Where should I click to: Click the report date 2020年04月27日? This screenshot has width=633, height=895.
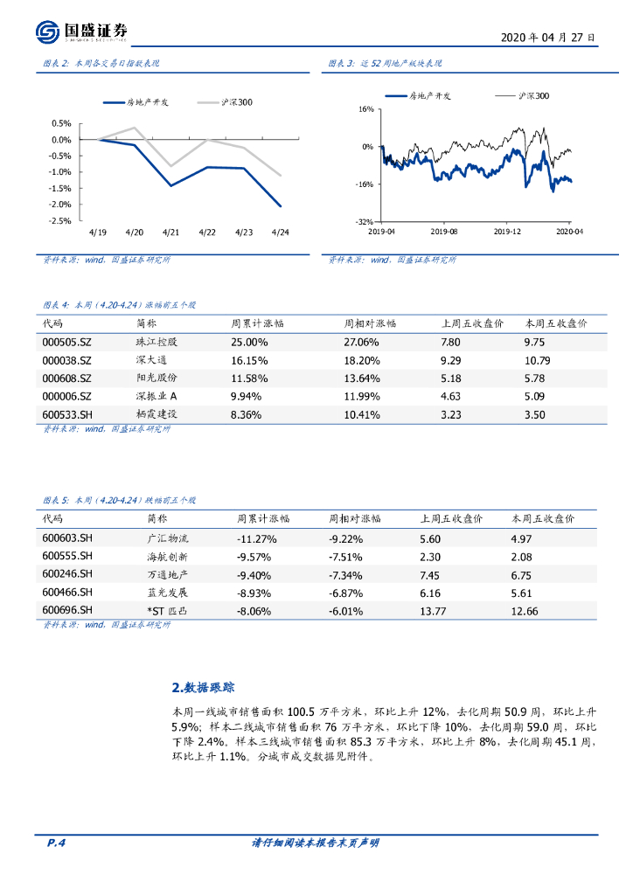pyautogui.click(x=548, y=38)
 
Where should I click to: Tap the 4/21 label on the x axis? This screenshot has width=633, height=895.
pyautogui.click(x=170, y=232)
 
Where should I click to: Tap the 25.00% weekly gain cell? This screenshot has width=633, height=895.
pyautogui.click(x=249, y=342)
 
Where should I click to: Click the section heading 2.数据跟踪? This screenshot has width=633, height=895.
pyautogui.click(x=203, y=687)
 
